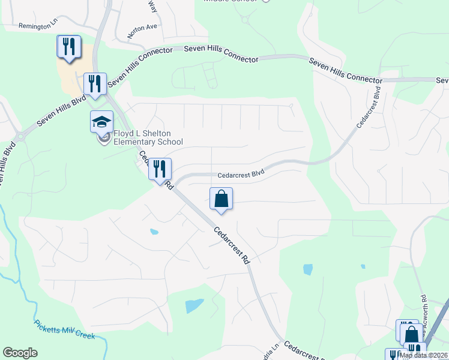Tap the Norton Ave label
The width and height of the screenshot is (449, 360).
coord(142,27)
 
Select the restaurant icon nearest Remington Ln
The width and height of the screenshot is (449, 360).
coord(68,46)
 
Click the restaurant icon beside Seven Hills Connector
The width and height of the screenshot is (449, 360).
coord(94,83)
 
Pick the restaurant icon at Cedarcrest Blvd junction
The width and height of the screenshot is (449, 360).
coord(160,169)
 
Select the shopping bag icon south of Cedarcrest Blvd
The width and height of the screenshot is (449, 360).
coord(221,198)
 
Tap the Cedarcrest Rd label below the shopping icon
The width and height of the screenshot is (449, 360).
coord(231,246)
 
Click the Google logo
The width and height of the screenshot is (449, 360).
coord(20,353)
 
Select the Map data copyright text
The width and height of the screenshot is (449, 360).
coord(424,355)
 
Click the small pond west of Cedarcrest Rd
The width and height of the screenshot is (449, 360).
coord(154,231)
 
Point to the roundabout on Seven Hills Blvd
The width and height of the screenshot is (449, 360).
coord(20,136)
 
